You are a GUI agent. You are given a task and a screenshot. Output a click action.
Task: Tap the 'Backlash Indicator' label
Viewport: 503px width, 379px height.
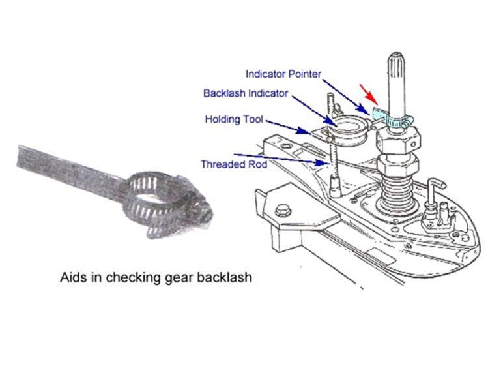[245, 93]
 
